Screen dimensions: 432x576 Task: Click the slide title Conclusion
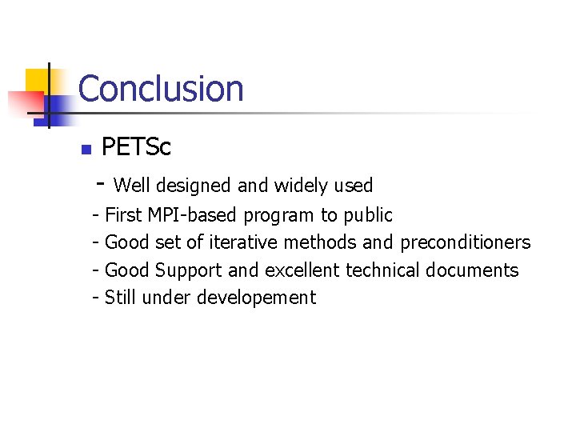161,89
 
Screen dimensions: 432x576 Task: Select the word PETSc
136,148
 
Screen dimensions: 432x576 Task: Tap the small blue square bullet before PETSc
86,150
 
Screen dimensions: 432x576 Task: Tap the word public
368,216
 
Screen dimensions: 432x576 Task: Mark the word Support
189,271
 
